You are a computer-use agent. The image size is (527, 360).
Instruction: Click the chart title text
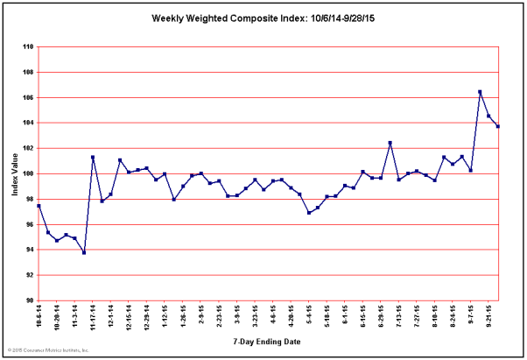[263, 18]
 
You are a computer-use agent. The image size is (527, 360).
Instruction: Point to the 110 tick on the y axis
[29, 47]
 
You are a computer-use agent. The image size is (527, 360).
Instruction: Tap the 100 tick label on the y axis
[29, 173]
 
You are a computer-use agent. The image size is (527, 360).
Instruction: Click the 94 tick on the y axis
[31, 250]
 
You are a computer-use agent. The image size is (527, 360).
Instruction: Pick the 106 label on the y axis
[29, 97]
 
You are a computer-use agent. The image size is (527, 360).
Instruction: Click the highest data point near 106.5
[480, 91]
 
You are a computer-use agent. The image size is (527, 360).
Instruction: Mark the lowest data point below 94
[84, 252]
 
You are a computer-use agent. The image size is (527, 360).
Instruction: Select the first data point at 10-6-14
[39, 206]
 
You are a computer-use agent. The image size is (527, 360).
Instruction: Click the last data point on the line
[497, 126]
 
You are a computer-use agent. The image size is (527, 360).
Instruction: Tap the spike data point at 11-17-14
[93, 158]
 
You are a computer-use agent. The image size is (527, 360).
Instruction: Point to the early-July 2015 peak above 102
[390, 143]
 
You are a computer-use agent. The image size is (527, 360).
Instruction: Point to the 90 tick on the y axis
[31, 300]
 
